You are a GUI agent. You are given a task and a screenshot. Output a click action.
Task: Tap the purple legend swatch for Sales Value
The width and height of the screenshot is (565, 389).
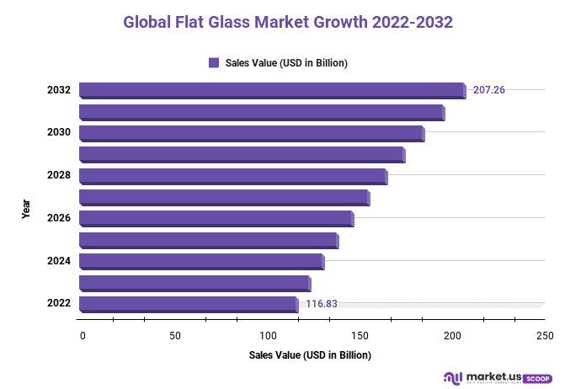(x=213, y=62)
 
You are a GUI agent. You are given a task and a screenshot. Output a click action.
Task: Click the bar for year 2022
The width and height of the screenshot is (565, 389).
(x=188, y=304)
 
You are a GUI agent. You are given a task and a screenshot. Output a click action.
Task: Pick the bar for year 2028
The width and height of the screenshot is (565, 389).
(x=232, y=176)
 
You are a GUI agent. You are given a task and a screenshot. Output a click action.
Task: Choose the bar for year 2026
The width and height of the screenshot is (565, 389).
(x=216, y=219)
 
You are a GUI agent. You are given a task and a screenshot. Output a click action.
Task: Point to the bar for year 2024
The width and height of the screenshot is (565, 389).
(x=200, y=261)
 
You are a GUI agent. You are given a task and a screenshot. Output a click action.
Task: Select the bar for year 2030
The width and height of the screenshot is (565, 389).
(x=251, y=133)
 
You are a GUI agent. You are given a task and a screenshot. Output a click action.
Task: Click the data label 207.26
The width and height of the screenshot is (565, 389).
(x=489, y=90)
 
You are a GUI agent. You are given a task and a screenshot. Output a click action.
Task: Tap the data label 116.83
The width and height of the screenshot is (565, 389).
(x=322, y=304)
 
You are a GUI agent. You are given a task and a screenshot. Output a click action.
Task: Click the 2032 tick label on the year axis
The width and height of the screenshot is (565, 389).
(x=58, y=90)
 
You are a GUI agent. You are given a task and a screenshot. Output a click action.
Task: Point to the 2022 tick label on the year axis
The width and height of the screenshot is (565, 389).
(x=58, y=304)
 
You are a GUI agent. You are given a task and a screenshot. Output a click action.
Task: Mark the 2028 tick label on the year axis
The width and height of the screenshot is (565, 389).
(x=58, y=176)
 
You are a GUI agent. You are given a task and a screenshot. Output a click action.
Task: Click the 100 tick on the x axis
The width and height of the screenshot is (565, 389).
(x=268, y=336)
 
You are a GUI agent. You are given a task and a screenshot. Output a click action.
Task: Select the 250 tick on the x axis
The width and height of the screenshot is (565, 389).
(x=545, y=336)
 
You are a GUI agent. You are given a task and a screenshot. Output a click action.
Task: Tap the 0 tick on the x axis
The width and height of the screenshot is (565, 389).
(x=83, y=336)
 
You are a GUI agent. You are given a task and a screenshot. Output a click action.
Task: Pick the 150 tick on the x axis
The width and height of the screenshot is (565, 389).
(x=360, y=336)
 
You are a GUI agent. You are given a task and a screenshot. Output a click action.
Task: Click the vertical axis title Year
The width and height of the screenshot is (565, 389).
(x=26, y=208)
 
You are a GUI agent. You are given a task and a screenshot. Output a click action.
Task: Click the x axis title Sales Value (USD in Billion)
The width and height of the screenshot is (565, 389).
(x=310, y=355)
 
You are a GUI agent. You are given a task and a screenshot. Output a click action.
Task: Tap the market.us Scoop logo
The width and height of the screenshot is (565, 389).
(x=498, y=378)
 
